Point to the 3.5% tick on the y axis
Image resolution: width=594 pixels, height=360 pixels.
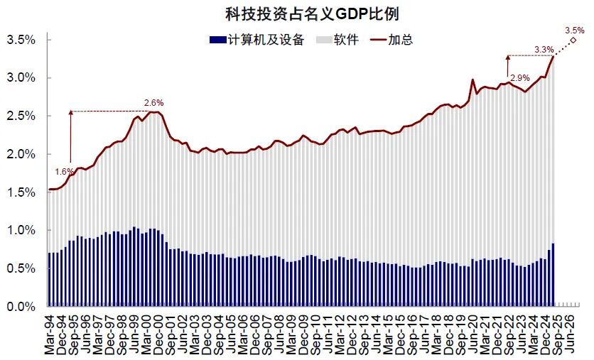(x=21, y=40)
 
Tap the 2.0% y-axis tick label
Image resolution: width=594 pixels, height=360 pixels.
(x=21, y=154)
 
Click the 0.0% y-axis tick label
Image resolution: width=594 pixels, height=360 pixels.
(x=21, y=307)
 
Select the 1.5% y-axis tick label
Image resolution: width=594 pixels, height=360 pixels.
(x=21, y=192)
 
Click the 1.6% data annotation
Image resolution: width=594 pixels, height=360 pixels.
(x=64, y=172)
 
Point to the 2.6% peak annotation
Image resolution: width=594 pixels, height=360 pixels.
(x=154, y=103)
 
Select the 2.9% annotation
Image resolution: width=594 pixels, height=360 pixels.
(x=520, y=77)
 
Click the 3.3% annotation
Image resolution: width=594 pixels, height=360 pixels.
(x=544, y=49)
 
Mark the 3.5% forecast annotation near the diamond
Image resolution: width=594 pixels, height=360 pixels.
(x=574, y=30)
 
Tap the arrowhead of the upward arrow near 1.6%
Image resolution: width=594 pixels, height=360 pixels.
(x=70, y=112)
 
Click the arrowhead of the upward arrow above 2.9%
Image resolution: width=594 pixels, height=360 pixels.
(x=508, y=56)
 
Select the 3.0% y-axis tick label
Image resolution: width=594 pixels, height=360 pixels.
(x=21, y=78)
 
